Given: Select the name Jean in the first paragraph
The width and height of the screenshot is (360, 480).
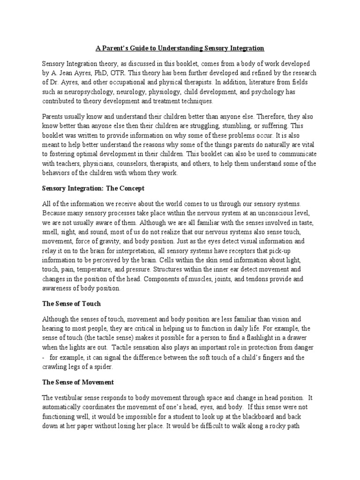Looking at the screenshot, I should tap(67, 73).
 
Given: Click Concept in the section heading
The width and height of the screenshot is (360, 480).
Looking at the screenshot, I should tap(130, 188).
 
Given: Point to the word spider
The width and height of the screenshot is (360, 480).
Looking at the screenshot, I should tap(118, 367).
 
